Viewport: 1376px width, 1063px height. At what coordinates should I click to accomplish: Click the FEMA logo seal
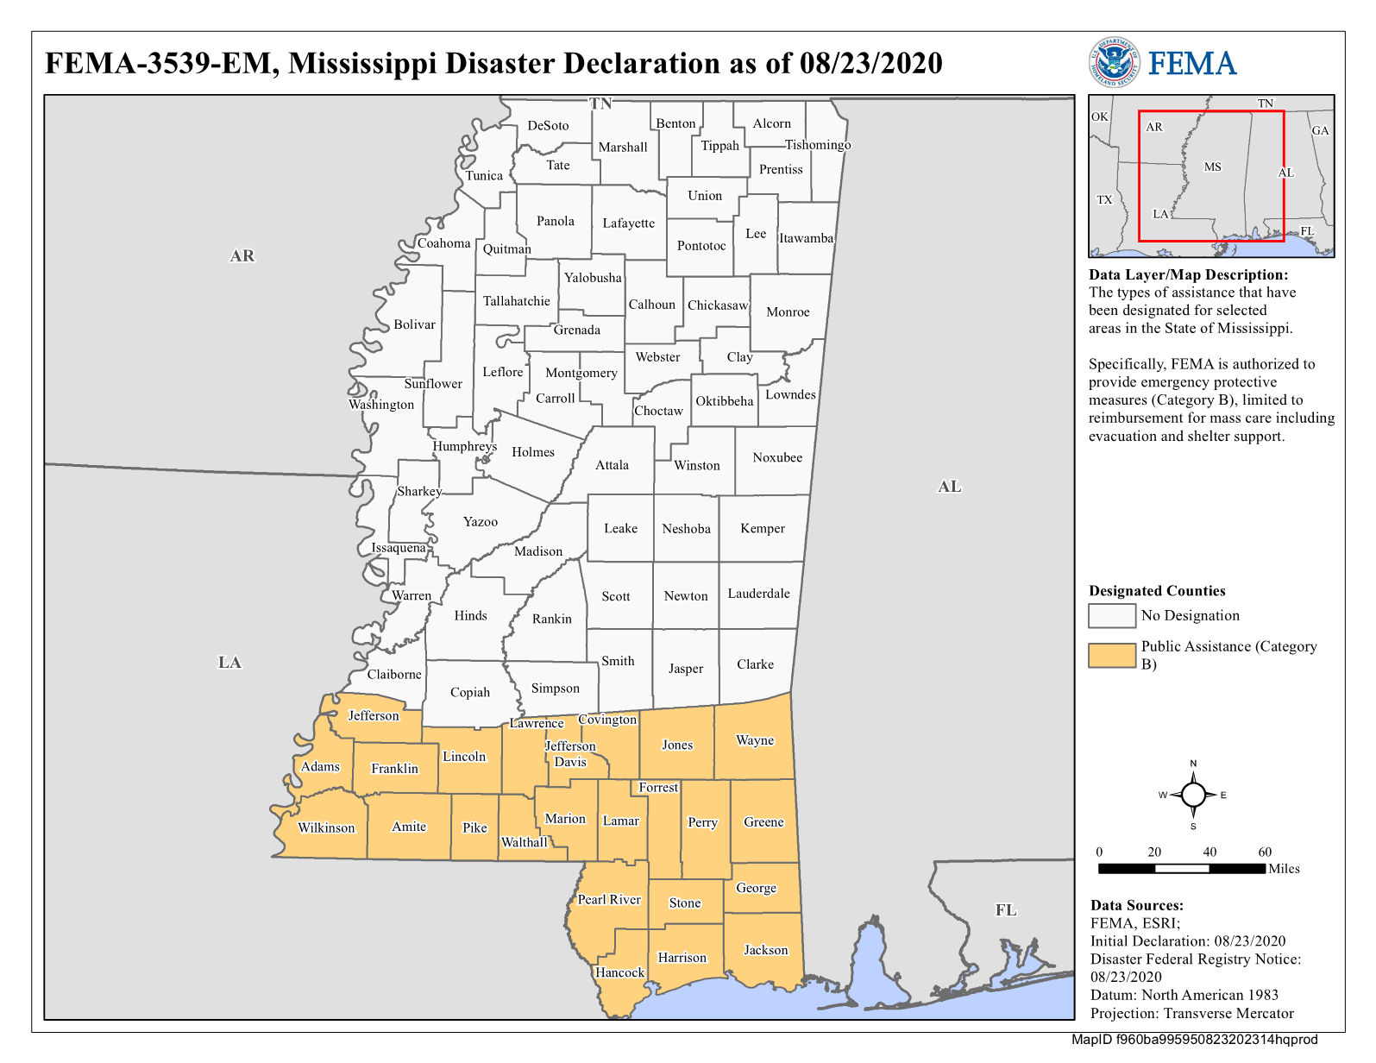coord(1114,62)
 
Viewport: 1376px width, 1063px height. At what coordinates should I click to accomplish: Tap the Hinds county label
coord(470,615)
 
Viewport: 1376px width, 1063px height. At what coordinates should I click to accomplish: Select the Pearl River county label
coord(609,899)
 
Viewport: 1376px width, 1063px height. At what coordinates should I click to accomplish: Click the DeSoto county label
coord(548,125)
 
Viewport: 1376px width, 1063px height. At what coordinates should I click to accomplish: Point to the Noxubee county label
coord(777,457)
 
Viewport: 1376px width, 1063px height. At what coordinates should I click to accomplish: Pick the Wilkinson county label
coord(326,827)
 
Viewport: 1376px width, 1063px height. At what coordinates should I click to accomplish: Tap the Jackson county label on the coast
coord(766,950)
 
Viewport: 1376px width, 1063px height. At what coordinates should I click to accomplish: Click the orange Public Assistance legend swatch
coord(1111,656)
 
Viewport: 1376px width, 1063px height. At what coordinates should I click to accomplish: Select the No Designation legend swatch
coord(1111,615)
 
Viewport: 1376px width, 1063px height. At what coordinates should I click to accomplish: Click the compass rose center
coord(1193,795)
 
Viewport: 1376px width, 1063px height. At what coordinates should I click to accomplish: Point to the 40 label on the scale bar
coord(1209,852)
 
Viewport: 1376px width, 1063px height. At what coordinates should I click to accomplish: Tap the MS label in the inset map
coord(1212,167)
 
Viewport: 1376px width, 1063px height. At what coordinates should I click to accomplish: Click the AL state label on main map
coord(949,487)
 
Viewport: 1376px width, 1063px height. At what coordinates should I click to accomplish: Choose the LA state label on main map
coord(229,663)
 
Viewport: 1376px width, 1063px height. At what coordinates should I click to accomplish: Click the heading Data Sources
coord(1136,905)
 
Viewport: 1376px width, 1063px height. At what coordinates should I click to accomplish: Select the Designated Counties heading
coord(1157,591)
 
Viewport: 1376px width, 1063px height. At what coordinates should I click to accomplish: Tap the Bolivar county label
coord(414,324)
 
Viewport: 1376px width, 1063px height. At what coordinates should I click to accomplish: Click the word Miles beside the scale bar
coord(1284,869)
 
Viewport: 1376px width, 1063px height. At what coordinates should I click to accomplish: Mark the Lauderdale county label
coord(758,594)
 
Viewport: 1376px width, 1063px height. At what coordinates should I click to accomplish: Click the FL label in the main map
coord(1006,910)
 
